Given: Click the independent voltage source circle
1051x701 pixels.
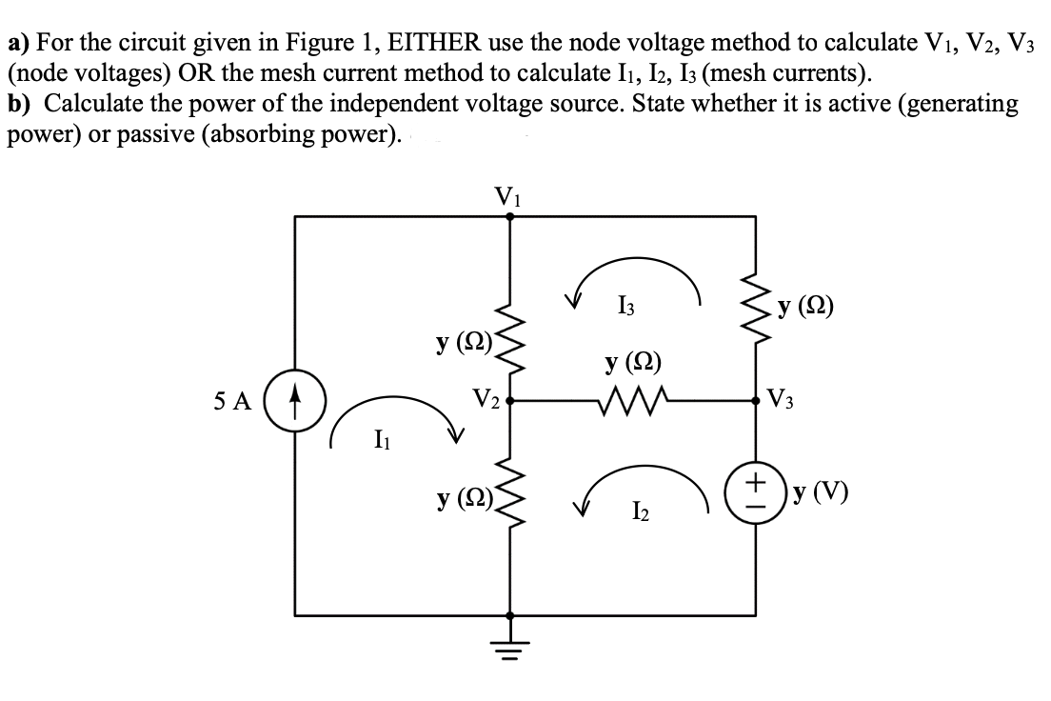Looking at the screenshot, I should coord(756,495).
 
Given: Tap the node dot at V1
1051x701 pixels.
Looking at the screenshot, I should coord(511,216).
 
